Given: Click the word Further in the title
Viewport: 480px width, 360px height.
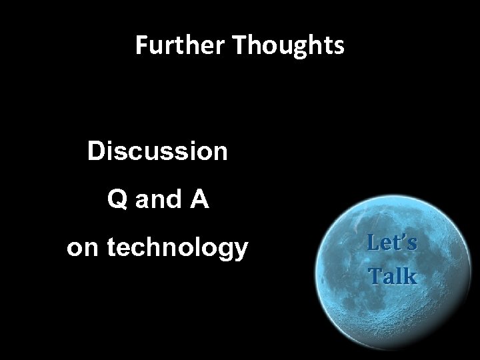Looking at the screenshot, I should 175,45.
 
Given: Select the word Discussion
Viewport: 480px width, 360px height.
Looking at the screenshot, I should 157,152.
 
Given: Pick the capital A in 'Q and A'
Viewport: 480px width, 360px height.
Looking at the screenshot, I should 199,200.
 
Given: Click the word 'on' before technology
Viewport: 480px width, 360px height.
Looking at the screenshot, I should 81,248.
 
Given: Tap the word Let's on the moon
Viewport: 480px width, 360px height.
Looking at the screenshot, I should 393,243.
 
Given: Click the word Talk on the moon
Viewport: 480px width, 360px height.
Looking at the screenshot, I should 393,276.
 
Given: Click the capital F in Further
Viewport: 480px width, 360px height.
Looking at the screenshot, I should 141,45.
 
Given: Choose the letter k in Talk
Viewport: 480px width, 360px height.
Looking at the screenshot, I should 410,276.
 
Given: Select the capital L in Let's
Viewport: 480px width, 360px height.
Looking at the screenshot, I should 373,243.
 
